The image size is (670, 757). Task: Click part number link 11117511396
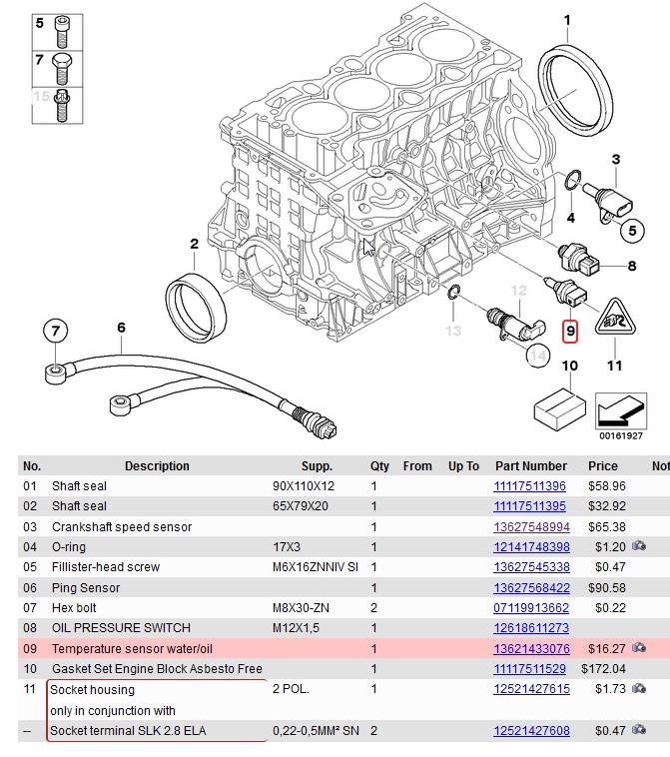tap(529, 486)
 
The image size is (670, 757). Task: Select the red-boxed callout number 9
tap(570, 330)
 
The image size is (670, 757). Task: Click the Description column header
tap(157, 466)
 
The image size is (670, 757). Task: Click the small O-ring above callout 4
tap(571, 181)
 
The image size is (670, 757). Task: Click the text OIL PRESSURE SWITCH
tap(120, 628)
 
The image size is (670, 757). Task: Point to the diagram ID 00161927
tap(620, 435)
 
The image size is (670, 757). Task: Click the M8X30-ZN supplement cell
tap(302, 607)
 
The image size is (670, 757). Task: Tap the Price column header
tap(602, 466)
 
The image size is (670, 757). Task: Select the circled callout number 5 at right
tap(631, 231)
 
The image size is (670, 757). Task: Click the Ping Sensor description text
tap(86, 587)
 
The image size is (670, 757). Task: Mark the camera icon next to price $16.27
tap(638, 648)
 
